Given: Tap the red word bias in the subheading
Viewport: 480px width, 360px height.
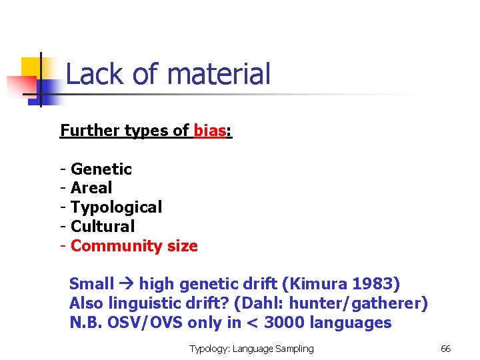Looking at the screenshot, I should (x=209, y=131).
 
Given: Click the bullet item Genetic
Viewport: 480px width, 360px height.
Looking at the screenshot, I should (x=101, y=169).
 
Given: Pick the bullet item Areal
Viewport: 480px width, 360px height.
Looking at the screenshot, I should (x=91, y=188).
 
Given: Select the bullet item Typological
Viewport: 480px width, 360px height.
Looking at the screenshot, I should (x=116, y=207).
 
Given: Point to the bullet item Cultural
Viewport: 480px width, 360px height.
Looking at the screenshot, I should (x=103, y=227).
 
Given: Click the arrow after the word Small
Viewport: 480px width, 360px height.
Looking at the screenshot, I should (x=127, y=285).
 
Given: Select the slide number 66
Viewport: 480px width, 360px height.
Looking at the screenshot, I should (x=446, y=349).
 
